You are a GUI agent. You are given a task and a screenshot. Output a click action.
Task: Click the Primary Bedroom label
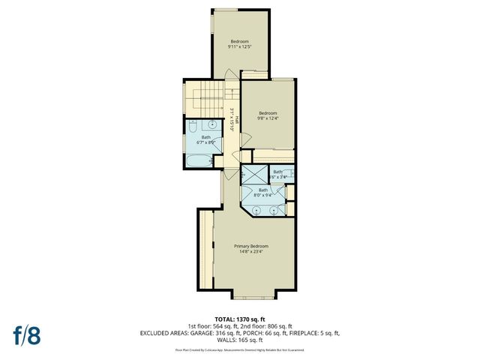click(250, 246)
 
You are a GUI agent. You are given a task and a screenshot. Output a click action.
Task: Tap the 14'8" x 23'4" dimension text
click(250, 252)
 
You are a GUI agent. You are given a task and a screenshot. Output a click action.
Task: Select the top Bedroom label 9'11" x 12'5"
click(239, 40)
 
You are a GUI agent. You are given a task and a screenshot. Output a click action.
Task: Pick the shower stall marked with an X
click(253, 175)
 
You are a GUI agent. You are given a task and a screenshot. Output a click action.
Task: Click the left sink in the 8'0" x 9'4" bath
click(256, 210)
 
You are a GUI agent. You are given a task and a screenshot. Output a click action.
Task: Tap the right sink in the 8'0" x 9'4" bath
click(274, 210)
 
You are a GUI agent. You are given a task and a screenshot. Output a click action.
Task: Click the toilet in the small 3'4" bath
click(291, 175)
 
